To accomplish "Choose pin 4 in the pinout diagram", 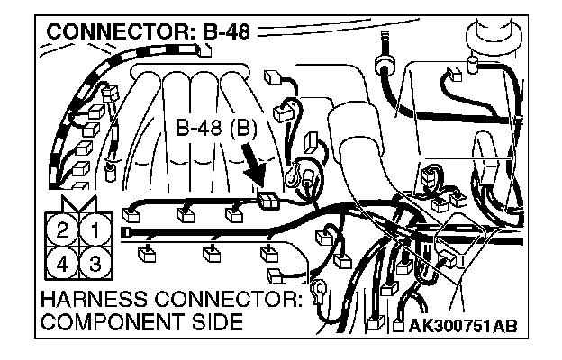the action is pyautogui.click(x=61, y=264).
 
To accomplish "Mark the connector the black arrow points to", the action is pyautogui.click(x=267, y=201).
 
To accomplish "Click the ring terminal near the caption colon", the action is pyautogui.click(x=318, y=291).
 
